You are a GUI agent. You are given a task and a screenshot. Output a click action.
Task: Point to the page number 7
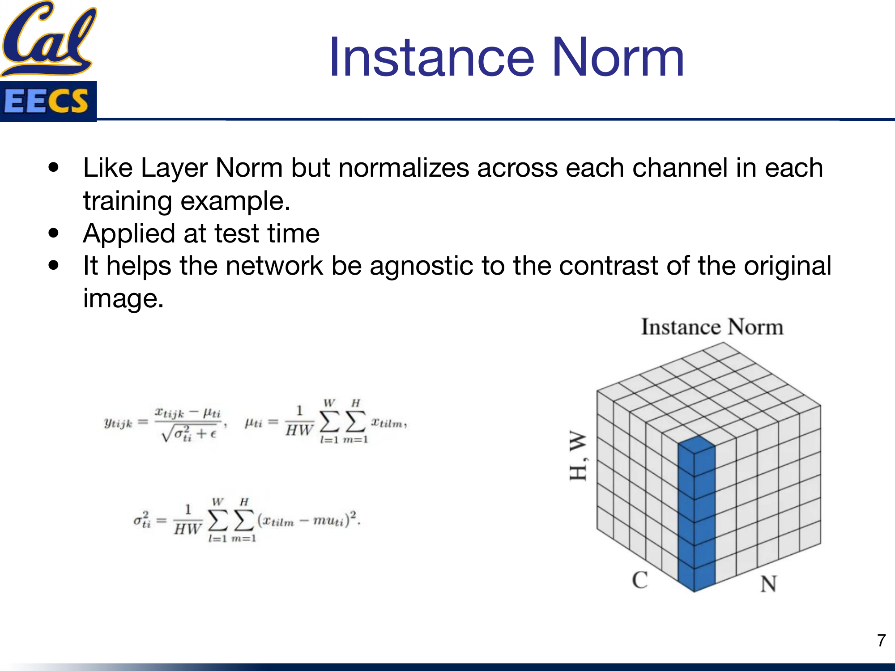click(881, 640)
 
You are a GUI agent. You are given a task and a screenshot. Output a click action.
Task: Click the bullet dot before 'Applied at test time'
click(54, 233)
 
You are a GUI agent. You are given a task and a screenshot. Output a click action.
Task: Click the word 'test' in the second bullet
click(237, 234)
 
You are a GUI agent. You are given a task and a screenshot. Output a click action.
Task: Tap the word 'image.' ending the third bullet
click(124, 298)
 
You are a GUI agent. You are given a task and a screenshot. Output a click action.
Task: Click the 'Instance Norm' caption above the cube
click(712, 327)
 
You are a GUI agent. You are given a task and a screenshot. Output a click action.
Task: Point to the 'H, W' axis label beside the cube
click(578, 455)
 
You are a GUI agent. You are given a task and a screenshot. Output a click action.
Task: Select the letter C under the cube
click(639, 580)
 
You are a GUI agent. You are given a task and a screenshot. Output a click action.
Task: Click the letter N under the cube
click(768, 584)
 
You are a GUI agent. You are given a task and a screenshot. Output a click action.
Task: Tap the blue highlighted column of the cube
click(696, 514)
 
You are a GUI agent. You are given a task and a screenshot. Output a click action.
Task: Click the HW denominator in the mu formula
click(299, 431)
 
